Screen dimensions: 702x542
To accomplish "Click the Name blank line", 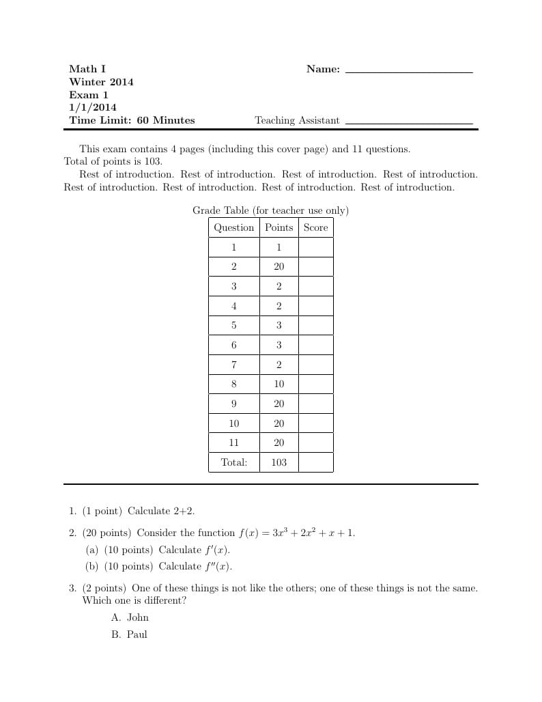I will pyautogui.click(x=409, y=72).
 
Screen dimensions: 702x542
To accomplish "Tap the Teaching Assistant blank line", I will pyautogui.click(x=409, y=124).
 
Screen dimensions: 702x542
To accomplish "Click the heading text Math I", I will pyautogui.click(x=87, y=69).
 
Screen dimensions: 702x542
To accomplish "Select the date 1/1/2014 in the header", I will pyautogui.click(x=93, y=108).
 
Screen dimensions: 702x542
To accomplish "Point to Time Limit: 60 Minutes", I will pyautogui.click(x=132, y=121).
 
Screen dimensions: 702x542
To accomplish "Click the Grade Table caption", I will pyautogui.click(x=270, y=210).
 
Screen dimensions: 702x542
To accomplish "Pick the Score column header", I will pyautogui.click(x=315, y=227).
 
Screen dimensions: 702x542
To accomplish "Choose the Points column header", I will pyautogui.click(x=279, y=227).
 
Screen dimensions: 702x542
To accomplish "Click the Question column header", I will pyautogui.click(x=233, y=227).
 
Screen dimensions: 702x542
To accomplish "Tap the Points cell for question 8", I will pyautogui.click(x=279, y=384).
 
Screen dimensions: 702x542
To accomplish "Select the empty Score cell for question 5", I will pyautogui.click(x=315, y=326).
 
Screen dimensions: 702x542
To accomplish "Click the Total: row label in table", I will pyautogui.click(x=233, y=462).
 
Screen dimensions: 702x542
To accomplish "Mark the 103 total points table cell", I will pyautogui.click(x=279, y=462).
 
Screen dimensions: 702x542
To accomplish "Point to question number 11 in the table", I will pyautogui.click(x=233, y=443).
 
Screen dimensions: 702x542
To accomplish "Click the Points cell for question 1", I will pyautogui.click(x=279, y=247).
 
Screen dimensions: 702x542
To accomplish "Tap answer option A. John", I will pyautogui.click(x=130, y=618).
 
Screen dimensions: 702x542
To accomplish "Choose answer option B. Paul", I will pyautogui.click(x=129, y=634).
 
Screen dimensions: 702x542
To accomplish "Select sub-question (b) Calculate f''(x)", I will pyautogui.click(x=159, y=566).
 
